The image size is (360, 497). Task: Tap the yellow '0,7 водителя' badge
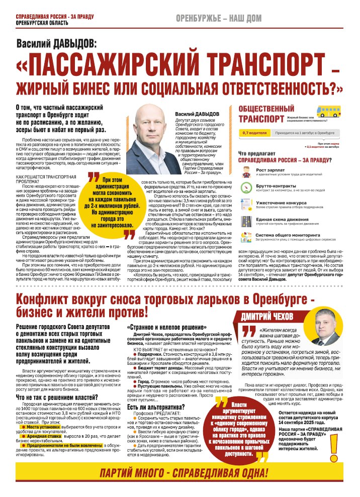254,133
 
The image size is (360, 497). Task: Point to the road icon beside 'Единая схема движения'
246,221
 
